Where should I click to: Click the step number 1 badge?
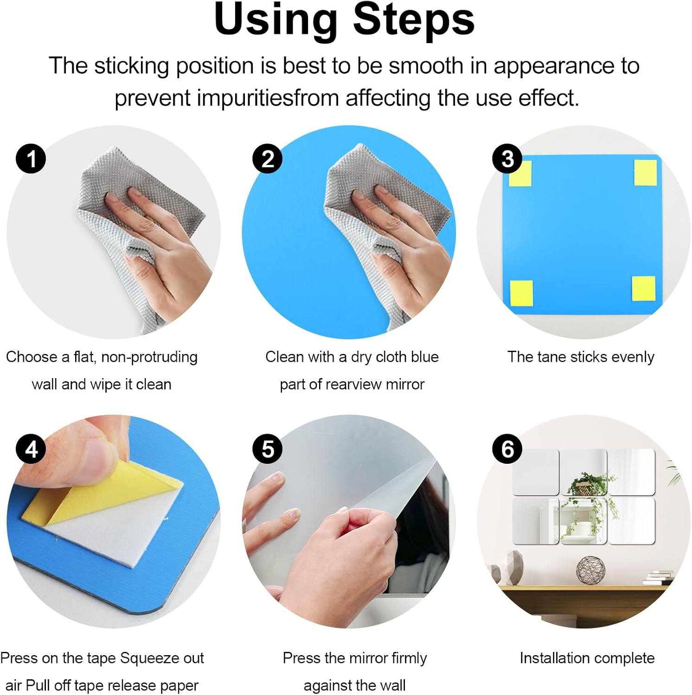pyautogui.click(x=31, y=158)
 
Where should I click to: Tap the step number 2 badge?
pyautogui.click(x=268, y=158)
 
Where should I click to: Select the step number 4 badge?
pyautogui.click(x=31, y=449)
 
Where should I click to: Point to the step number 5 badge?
pyautogui.click(x=268, y=449)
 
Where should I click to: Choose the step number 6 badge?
pyautogui.click(x=507, y=449)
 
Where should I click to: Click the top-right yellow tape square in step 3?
pyautogui.click(x=645, y=172)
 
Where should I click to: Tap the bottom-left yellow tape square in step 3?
pyautogui.click(x=521, y=293)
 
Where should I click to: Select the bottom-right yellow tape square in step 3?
pyautogui.click(x=644, y=288)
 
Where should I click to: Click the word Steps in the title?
pyautogui.click(x=414, y=19)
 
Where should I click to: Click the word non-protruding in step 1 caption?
pyautogui.click(x=149, y=357)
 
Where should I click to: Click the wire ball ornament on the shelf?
pyautogui.click(x=590, y=570)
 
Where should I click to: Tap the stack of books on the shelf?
pyautogui.click(x=658, y=578)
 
